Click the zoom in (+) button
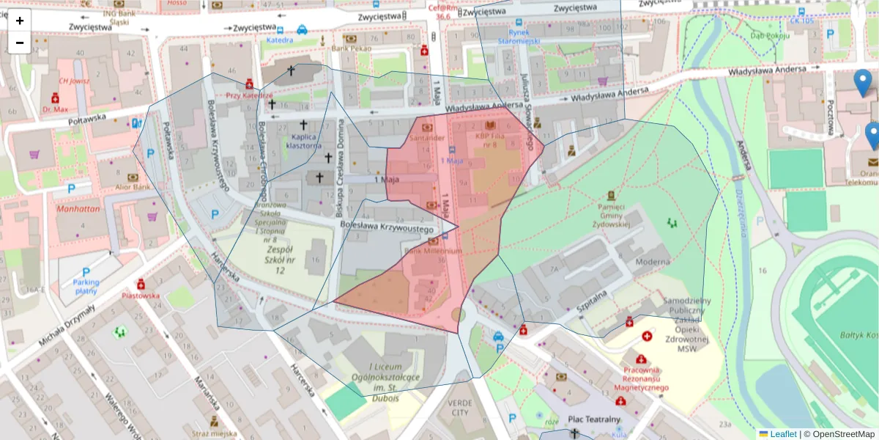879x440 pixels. pyautogui.click(x=20, y=21)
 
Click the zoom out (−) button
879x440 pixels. pyautogui.click(x=20, y=43)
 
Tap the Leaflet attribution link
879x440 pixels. pyautogui.click(x=782, y=434)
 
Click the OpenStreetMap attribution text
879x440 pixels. pyautogui.click(x=839, y=434)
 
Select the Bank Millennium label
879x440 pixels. pyautogui.click(x=433, y=251)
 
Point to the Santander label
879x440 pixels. pyautogui.click(x=427, y=138)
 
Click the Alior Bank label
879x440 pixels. pyautogui.click(x=132, y=187)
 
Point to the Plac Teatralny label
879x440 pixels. pyautogui.click(x=594, y=419)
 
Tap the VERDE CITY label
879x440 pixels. pyautogui.click(x=459, y=408)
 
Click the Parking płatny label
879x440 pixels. pyautogui.click(x=86, y=287)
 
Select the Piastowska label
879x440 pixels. pyautogui.click(x=141, y=296)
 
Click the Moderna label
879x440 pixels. pyautogui.click(x=652, y=262)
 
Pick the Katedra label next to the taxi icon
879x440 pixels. pyautogui.click(x=279, y=40)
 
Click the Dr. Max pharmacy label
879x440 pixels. pyautogui.click(x=55, y=109)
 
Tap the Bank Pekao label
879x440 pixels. pyautogui.click(x=351, y=48)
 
